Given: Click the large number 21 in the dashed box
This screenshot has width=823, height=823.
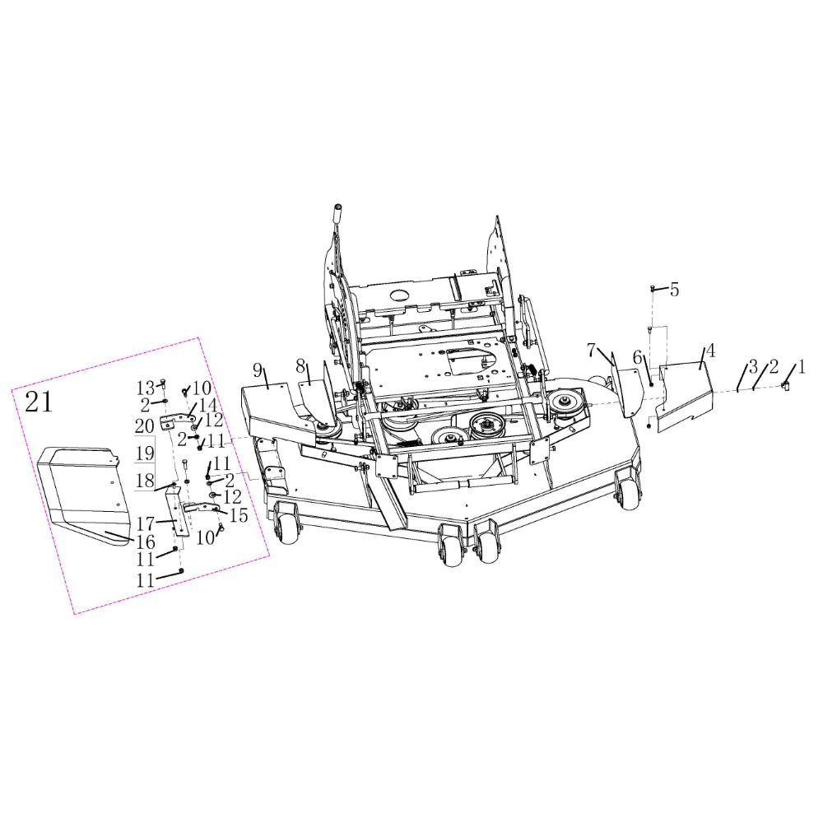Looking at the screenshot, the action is (39, 402).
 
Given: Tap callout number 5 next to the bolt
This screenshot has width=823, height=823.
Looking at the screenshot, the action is (675, 289).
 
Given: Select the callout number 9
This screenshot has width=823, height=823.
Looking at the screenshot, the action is (257, 370).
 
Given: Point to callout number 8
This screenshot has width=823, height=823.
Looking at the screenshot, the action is (300, 365).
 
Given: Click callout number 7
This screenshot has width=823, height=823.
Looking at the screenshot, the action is (592, 350).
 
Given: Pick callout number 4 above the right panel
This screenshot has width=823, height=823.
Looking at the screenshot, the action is (711, 351).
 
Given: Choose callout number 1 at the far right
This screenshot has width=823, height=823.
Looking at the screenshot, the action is (802, 367).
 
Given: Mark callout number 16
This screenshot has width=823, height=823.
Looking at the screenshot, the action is (146, 542).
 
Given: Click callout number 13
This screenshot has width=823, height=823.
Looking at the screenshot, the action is (146, 388).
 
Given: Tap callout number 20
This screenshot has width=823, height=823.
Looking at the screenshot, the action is (144, 425).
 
